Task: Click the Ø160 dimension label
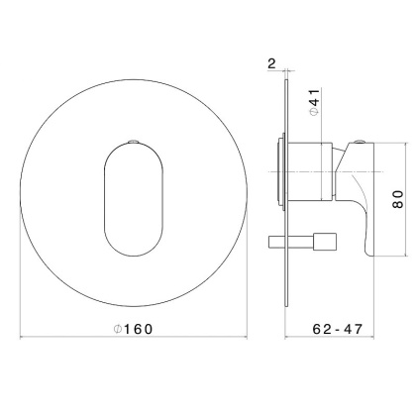134,329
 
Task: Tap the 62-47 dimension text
338,329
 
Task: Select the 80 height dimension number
398,199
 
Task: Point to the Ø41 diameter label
314,102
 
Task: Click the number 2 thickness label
271,63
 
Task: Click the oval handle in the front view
134,199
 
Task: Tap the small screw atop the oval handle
134,142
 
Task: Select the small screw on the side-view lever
359,143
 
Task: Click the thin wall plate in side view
287,193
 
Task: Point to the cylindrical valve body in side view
311,171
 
